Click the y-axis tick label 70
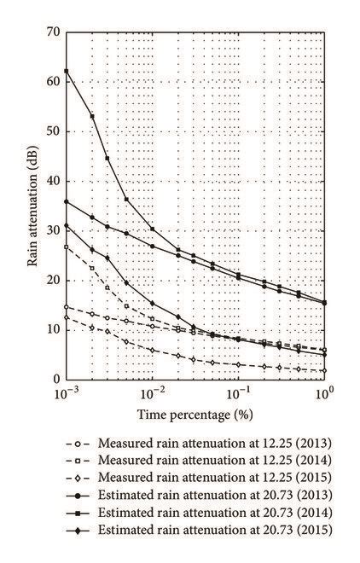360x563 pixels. point(54,32)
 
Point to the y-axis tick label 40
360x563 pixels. point(54,181)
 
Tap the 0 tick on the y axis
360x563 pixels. point(56,379)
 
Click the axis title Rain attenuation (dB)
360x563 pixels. point(32,206)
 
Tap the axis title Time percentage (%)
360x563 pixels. point(195,415)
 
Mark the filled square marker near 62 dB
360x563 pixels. point(67,71)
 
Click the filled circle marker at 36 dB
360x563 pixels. point(67,201)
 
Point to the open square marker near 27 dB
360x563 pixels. point(67,247)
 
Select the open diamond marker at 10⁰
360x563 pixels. point(324,370)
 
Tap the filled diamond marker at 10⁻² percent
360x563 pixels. point(153,304)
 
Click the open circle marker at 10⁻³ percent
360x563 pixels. point(67,307)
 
